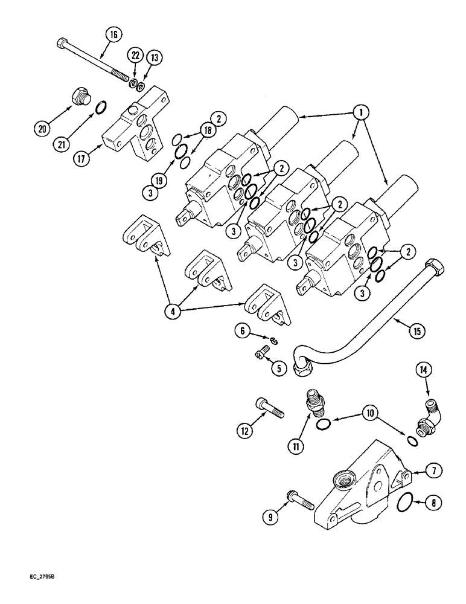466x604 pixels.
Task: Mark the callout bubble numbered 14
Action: coord(422,370)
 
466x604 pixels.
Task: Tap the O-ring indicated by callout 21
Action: coord(102,109)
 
